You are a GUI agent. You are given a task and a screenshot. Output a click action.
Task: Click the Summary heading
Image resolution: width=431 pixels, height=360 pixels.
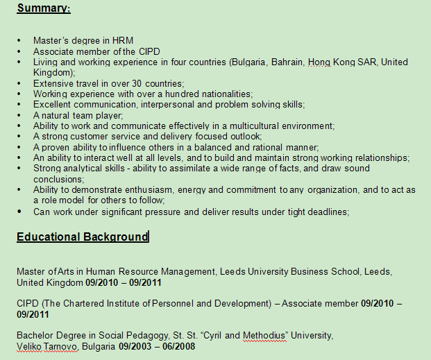[43, 9]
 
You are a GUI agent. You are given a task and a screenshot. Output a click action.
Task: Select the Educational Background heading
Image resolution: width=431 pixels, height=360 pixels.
[82, 237]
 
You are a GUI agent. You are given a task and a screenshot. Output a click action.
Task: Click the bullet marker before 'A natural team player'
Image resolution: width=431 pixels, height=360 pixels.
[20, 115]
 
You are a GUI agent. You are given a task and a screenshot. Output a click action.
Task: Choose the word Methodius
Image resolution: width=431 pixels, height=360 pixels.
[264, 336]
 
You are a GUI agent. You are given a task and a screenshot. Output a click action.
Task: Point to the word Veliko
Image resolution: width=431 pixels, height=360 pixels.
[29, 346]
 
